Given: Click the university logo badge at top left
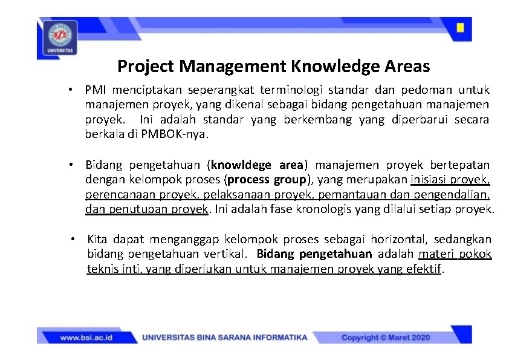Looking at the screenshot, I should (59, 38).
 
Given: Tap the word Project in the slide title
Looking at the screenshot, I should (146, 65).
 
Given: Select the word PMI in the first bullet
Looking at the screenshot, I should (94, 90).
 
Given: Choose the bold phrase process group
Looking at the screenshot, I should (267, 180).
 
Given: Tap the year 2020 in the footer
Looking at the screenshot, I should (418, 338).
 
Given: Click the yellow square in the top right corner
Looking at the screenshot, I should (460, 28).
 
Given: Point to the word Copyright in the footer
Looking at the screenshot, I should (360, 338).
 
